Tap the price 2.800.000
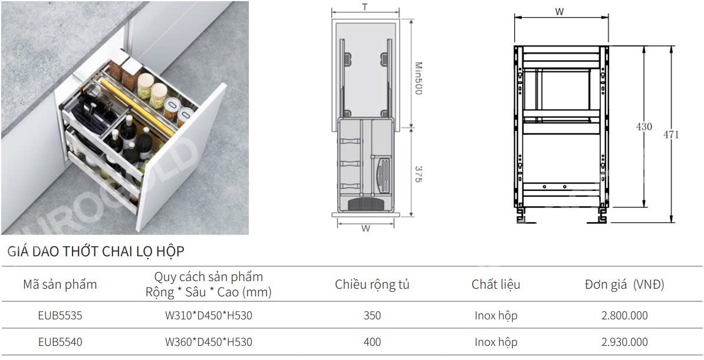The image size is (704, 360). (624, 316)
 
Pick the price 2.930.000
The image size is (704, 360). (624, 342)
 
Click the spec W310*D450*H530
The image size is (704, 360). (208, 316)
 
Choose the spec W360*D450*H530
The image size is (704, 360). (208, 342)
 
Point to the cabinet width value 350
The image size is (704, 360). (372, 316)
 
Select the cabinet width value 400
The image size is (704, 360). (372, 342)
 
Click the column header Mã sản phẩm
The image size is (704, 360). (60, 285)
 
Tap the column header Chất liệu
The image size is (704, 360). (496, 285)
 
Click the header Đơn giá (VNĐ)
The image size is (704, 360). (624, 285)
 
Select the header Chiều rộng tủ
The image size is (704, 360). (372, 285)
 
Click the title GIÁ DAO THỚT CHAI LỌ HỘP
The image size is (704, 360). (96, 252)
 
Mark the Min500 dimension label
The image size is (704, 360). (418, 79)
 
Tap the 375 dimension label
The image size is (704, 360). (418, 173)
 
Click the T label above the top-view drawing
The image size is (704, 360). (365, 7)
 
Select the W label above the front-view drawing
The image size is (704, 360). (559, 11)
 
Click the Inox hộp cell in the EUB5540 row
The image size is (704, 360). (496, 342)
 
